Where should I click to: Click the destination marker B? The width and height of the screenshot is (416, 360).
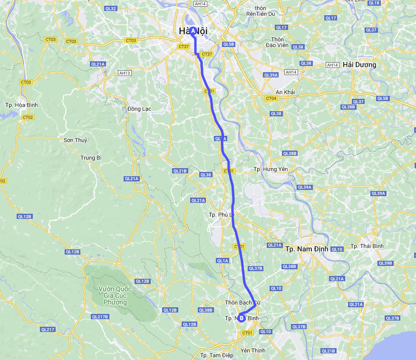(242, 318)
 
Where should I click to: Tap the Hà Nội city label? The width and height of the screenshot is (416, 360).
(193, 31)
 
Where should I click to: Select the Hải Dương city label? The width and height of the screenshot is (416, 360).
(359, 65)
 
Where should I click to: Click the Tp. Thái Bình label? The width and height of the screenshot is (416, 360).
(367, 246)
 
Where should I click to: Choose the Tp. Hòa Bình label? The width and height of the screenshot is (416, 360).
(21, 105)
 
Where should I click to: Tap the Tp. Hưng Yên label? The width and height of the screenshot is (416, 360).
(271, 169)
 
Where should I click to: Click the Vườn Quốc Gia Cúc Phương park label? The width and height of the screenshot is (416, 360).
(114, 294)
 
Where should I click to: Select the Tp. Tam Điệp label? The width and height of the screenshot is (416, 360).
(216, 355)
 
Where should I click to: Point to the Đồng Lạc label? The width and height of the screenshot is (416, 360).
(139, 109)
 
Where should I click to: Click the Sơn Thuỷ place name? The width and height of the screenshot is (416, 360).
(76, 140)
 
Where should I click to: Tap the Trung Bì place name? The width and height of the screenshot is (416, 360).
(91, 158)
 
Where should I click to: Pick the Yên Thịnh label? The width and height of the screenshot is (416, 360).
(253, 351)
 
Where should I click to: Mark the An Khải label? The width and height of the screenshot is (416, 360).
(286, 92)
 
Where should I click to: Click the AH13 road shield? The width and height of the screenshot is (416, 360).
(125, 73)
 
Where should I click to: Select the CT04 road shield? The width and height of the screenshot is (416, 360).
(271, 98)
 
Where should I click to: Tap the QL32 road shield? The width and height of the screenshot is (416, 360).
(110, 9)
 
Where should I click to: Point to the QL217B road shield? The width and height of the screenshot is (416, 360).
(100, 317)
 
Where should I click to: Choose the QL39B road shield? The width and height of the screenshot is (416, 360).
(385, 263)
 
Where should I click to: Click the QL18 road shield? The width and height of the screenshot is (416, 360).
(374, 3)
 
